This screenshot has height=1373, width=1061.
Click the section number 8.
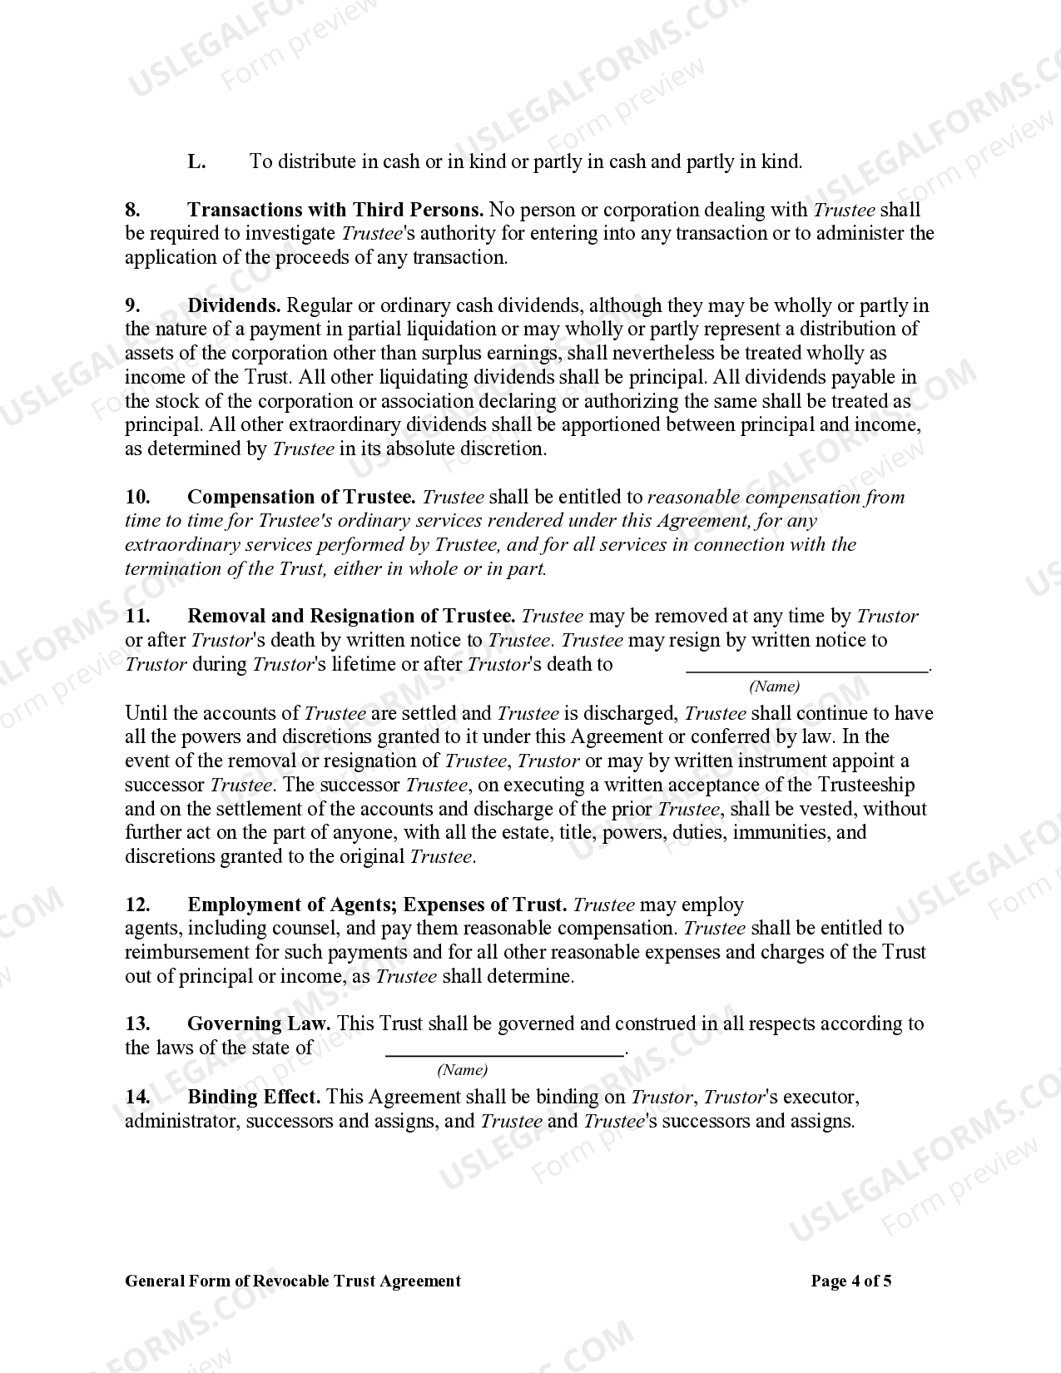click(x=132, y=210)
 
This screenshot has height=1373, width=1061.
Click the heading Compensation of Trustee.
click(x=301, y=497)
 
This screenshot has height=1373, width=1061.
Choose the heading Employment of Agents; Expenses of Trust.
click(x=377, y=905)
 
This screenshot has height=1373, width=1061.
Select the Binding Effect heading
click(x=254, y=1097)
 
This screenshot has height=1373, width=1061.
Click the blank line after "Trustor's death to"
click(x=806, y=666)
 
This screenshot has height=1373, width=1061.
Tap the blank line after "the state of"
click(x=504, y=1049)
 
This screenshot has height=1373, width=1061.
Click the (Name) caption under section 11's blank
click(x=774, y=686)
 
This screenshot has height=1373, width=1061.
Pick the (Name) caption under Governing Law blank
click(x=463, y=1070)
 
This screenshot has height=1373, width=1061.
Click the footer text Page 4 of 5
click(x=850, y=1281)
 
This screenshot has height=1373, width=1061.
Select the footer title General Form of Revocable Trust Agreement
click(x=293, y=1281)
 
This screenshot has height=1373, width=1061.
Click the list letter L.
click(x=196, y=161)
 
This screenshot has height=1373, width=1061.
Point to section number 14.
click(x=136, y=1097)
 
